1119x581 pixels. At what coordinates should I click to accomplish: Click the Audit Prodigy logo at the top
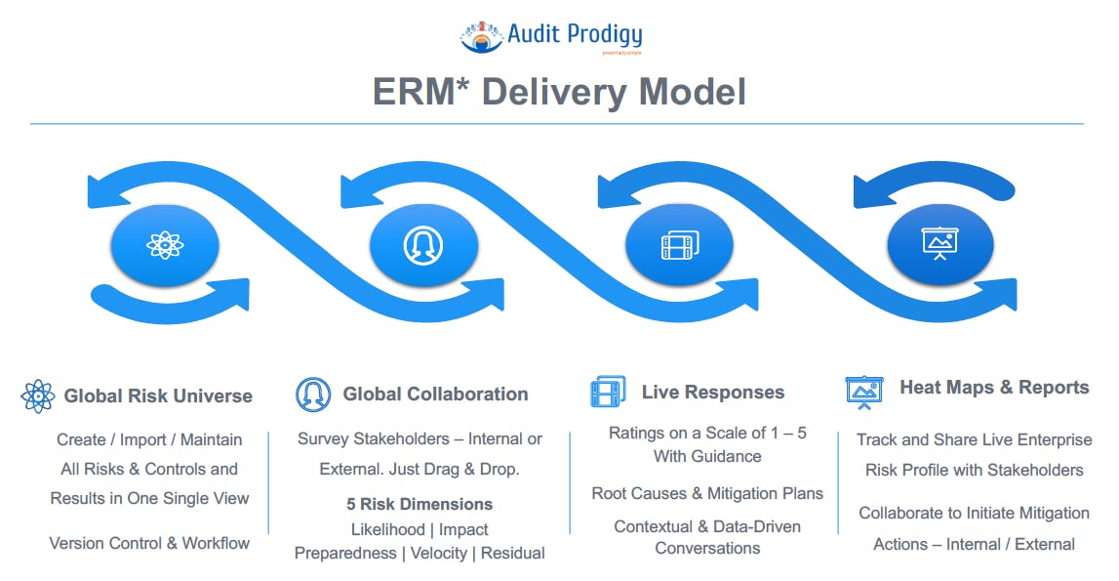[x=551, y=36]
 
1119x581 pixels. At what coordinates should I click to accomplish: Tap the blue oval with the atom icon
[x=165, y=244]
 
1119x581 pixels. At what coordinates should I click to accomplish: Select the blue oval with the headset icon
[x=423, y=244]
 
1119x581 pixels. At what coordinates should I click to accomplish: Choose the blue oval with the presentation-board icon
[x=939, y=244]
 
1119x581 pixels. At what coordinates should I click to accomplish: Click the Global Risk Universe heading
[x=158, y=395]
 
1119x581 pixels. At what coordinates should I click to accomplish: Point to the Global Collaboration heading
[x=435, y=394]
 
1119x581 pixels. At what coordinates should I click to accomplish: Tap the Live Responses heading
[x=712, y=393]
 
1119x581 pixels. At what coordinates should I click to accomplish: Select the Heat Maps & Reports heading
[x=994, y=388]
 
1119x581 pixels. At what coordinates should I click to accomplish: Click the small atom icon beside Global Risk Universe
[x=37, y=395]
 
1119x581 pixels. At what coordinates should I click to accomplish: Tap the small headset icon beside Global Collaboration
[x=313, y=394]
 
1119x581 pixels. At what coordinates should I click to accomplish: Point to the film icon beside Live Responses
[x=608, y=393]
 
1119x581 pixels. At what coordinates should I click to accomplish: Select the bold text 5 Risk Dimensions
[x=420, y=505]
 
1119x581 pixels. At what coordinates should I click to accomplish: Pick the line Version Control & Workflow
[x=149, y=543]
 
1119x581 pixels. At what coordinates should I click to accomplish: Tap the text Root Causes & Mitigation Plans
[x=707, y=493]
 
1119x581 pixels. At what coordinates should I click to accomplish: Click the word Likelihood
[x=387, y=529]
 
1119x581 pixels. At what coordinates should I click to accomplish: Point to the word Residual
[x=513, y=553]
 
